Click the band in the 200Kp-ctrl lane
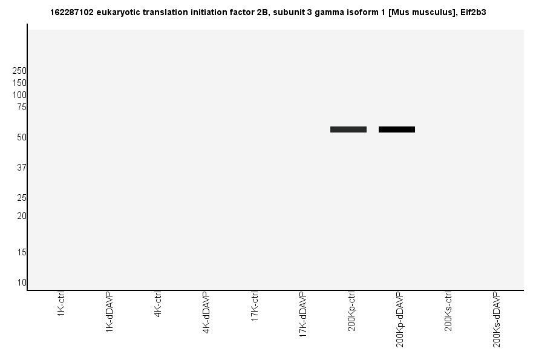click(348, 129)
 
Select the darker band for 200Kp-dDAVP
click(397, 129)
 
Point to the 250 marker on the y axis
click(19, 71)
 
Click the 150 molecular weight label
click(19, 83)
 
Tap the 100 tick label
click(19, 95)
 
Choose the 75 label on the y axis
click(21, 107)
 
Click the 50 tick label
click(21, 137)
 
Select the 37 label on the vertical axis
click(21, 168)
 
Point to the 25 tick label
click(21, 198)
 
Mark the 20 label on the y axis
click(21, 216)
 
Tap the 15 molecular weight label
click(21, 252)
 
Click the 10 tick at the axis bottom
click(21, 283)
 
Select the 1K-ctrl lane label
click(61, 305)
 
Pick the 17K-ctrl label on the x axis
click(255, 307)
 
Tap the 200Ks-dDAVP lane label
click(497, 319)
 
